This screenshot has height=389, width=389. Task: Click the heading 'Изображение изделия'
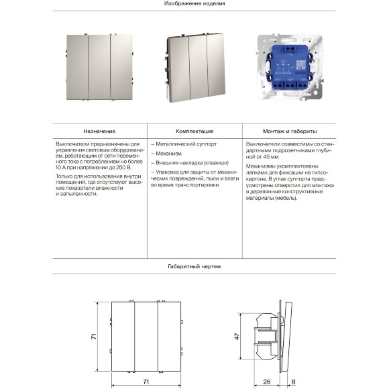(194, 3)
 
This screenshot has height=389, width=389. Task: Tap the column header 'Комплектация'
(194, 131)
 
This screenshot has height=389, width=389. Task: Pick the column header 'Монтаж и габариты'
(290, 131)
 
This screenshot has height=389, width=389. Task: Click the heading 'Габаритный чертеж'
(194, 266)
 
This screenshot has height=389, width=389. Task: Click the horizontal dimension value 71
(145, 381)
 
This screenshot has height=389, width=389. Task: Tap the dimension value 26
(266, 382)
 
